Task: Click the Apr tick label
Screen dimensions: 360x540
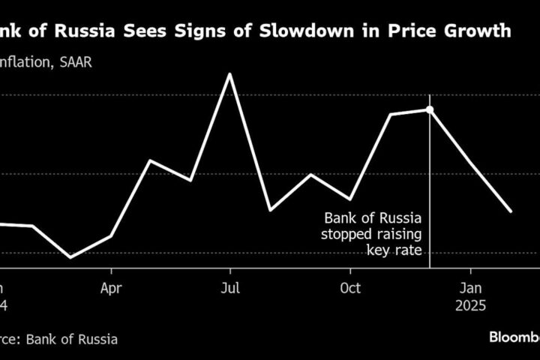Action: (x=111, y=288)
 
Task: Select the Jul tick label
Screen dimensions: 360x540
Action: (x=230, y=288)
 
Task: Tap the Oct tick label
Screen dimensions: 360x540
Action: (x=350, y=288)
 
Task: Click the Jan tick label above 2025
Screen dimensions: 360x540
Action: (x=470, y=288)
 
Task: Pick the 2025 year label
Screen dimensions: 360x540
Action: (x=470, y=306)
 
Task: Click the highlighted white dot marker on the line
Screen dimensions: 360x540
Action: (x=430, y=109)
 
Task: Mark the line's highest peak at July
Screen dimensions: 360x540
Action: (x=229, y=73)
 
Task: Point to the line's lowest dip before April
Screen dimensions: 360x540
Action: (x=71, y=257)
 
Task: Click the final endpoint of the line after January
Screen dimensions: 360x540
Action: (x=511, y=211)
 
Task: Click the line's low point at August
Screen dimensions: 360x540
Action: (x=270, y=210)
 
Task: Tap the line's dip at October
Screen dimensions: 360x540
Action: (x=349, y=199)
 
